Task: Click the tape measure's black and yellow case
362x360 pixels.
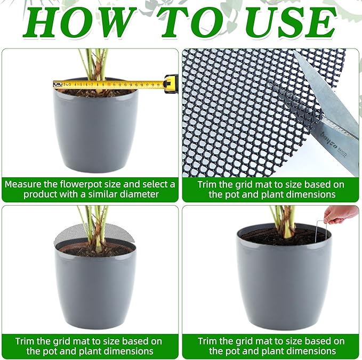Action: coord(171,84)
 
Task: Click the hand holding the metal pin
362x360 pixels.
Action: coord(341,213)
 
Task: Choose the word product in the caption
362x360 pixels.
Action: coord(41,194)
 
